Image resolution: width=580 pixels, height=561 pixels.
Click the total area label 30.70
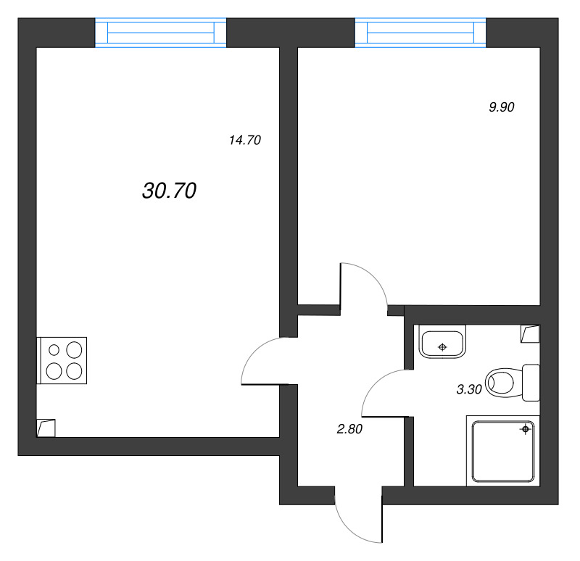170,191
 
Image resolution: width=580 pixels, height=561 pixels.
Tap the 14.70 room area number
244,141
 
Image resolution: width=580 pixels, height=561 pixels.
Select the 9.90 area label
501,107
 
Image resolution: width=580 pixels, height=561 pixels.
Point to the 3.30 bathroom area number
469,389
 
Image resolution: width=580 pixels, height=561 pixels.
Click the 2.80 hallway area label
349,428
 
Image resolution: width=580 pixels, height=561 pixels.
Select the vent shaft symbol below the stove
46,428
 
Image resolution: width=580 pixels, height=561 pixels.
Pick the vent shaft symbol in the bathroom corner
530,333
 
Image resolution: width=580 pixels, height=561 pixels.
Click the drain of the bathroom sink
442,346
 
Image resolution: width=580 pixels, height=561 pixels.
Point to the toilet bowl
502,382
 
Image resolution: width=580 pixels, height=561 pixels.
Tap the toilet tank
531,382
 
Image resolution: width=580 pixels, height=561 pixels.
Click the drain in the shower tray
525,430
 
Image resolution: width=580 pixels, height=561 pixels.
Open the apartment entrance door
359,518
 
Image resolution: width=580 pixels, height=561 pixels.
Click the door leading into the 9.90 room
364,286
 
